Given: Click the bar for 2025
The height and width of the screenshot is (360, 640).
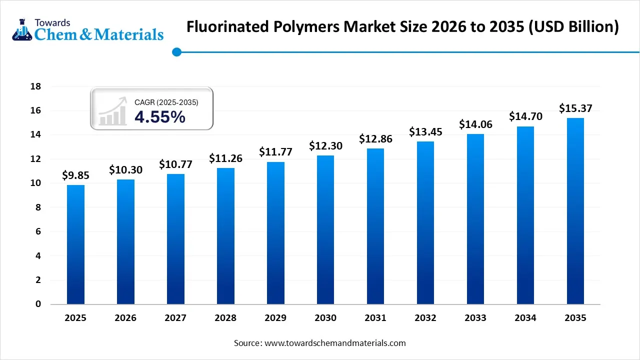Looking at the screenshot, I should tap(75, 244).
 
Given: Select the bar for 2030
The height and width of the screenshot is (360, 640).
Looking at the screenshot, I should tap(325, 229).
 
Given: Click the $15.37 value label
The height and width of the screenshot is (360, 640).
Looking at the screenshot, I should tap(575, 108).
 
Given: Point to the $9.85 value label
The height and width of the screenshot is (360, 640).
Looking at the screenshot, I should tap(75, 175).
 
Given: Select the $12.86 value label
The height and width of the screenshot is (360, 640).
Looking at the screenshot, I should tap(375, 139).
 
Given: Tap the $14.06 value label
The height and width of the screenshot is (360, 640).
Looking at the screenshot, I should tap(475, 124).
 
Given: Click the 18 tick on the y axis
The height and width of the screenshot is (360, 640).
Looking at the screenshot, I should tap(35, 86).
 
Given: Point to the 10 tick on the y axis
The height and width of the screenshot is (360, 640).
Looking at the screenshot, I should tap(35, 183).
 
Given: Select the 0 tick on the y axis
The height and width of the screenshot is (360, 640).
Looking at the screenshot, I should tap(37, 304).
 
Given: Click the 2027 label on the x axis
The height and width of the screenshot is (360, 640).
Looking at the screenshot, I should tap(175, 318).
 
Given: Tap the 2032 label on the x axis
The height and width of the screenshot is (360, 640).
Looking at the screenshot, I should tap(425, 318).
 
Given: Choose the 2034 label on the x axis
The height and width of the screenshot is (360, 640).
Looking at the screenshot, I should tap(525, 318).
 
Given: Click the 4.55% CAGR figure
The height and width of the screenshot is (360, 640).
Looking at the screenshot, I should tap(160, 117).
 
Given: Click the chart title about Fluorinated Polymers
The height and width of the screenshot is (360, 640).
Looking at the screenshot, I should tap(402, 27).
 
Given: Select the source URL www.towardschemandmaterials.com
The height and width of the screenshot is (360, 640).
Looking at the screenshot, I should tap(334, 343).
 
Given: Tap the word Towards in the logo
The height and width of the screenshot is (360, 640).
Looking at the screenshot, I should tap(52, 22).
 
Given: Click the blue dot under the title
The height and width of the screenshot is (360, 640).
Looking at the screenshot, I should tap(176, 51).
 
